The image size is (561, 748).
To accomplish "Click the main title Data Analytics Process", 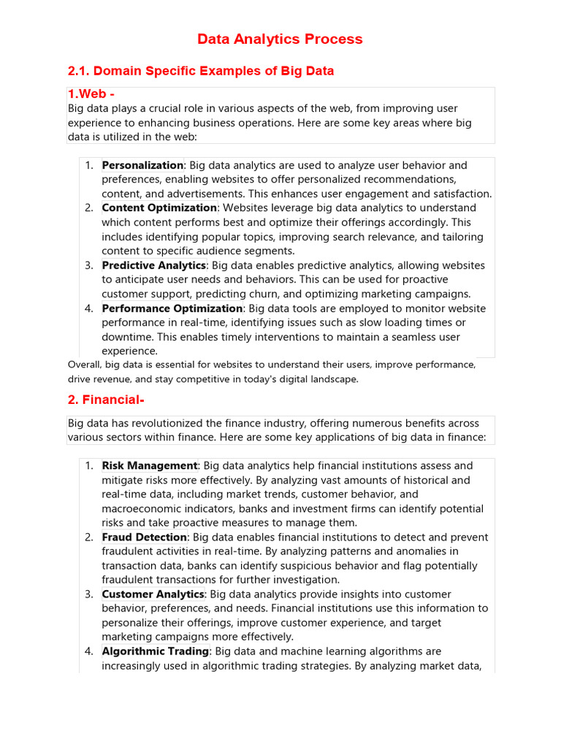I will pos(280,39).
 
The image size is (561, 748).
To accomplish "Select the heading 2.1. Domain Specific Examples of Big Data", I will pos(200,71).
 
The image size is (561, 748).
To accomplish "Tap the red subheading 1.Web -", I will pos(91,94).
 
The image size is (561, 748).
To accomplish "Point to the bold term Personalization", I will pos(142,165).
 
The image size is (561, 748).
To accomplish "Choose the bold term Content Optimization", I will pos(159,207).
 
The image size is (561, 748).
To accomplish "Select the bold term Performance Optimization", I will pos(172,308).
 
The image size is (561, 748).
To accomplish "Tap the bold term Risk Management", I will pos(150,465).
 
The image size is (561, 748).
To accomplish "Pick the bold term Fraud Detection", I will pos(145,537).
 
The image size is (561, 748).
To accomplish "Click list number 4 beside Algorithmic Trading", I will pos(88,651).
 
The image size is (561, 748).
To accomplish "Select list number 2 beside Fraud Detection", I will pos(88,537).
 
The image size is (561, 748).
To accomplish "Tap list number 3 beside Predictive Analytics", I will pos(88,265).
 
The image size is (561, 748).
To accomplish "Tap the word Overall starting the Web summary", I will pos(83,365).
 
